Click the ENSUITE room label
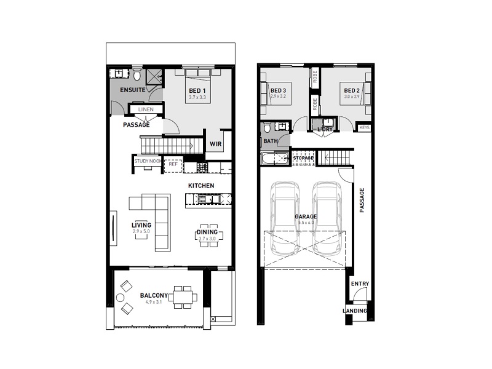point(132,90)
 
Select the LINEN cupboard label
point(146,109)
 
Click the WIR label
point(215,145)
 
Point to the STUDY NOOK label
point(148,162)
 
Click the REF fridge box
point(173,164)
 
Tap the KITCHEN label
point(201,185)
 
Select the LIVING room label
point(141,225)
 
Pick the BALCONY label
point(154,295)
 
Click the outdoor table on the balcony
point(184,296)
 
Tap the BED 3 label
point(279,91)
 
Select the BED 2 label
point(351,91)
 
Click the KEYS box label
point(364,127)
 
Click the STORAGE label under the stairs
point(303,158)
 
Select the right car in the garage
point(327,218)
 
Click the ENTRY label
point(360,284)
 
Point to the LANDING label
point(355,311)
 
